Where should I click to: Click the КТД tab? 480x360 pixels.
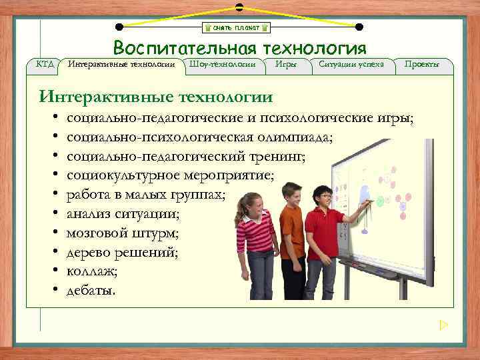tap(45, 64)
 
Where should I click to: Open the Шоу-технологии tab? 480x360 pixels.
tap(223, 64)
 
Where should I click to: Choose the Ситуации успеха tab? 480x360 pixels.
tap(351, 64)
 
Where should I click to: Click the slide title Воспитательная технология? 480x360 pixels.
tap(239, 48)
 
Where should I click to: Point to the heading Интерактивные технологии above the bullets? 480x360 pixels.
tap(155, 97)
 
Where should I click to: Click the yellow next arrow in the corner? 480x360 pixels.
tap(444, 325)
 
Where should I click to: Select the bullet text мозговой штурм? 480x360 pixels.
tap(123, 234)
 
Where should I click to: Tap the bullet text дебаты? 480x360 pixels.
tap(91, 291)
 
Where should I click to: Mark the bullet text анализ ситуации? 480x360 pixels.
tap(123, 215)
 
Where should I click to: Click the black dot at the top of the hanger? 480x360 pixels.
tap(239, 7)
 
